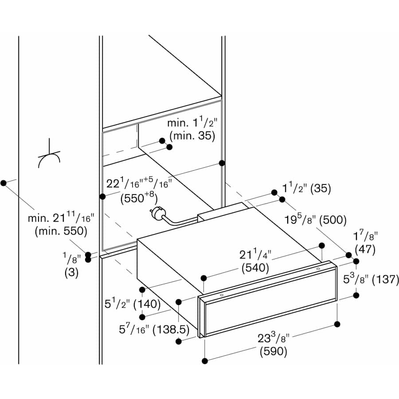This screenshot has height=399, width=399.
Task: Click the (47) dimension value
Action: click(364, 249)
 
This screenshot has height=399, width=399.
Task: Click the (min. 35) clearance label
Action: click(192, 136)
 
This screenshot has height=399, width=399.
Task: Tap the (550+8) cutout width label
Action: click(138, 198)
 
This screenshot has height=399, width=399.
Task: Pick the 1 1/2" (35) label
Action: click(307, 188)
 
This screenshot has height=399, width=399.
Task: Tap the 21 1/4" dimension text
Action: click(256, 255)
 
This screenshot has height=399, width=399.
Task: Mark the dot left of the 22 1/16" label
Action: click(102, 196)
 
